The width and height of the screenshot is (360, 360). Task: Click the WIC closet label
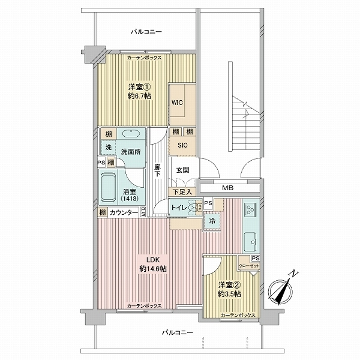tap(177, 103)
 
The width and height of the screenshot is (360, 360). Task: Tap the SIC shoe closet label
tap(182, 145)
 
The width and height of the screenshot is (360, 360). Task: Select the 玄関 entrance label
tap(183, 170)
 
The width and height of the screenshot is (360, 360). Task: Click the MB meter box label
tap(228, 188)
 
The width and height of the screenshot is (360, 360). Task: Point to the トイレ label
tap(179, 208)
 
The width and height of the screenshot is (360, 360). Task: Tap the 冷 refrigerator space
tap(212, 221)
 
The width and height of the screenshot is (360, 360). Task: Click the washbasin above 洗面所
tap(131, 133)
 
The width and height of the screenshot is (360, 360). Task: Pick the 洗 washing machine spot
tap(109, 147)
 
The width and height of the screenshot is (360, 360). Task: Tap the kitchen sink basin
tap(250, 242)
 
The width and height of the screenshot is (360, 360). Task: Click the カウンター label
tap(124, 213)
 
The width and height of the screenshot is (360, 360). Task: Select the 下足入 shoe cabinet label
tap(182, 192)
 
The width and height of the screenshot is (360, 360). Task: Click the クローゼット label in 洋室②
tap(249, 266)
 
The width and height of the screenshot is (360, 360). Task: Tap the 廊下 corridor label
tap(157, 170)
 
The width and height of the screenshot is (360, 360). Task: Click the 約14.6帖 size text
tap(153, 268)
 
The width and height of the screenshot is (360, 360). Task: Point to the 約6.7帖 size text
tap(139, 96)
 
